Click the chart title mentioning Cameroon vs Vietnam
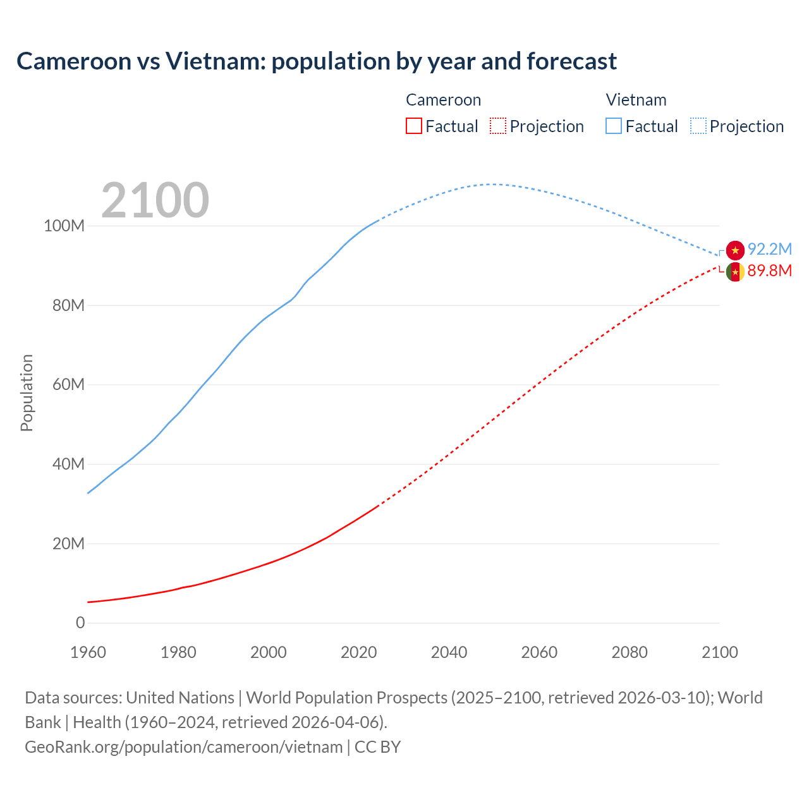pyautogui.click(x=317, y=61)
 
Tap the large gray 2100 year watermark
pyautogui.click(x=155, y=200)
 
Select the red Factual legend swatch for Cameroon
pyautogui.click(x=413, y=126)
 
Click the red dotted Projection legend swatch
pyautogui.click(x=498, y=126)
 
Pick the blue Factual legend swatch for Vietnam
pyautogui.click(x=613, y=126)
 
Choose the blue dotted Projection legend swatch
pyautogui.click(x=698, y=126)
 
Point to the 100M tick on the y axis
pyautogui.click(x=64, y=226)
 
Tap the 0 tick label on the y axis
pyautogui.click(x=80, y=623)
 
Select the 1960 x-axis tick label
pyautogui.click(x=88, y=652)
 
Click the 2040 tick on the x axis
pyautogui.click(x=449, y=652)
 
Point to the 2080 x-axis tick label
pyautogui.click(x=630, y=652)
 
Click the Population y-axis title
pyautogui.click(x=27, y=392)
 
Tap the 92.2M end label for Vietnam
pyautogui.click(x=769, y=249)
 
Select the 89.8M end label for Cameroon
pyautogui.click(x=769, y=271)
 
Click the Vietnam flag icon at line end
pyautogui.click(x=735, y=250)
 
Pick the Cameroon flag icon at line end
pyautogui.click(x=735, y=272)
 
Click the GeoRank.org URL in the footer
pyautogui.click(x=183, y=746)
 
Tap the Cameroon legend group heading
pyautogui.click(x=443, y=100)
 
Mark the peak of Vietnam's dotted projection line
pyautogui.click(x=493, y=184)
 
